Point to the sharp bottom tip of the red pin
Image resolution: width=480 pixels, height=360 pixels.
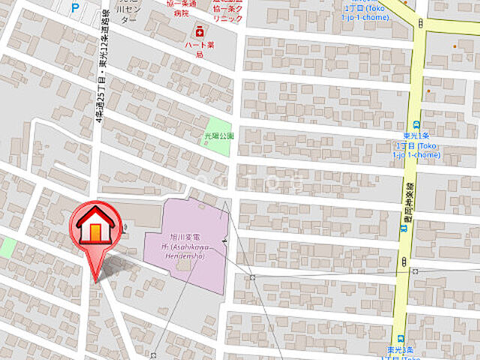(x=95, y=281)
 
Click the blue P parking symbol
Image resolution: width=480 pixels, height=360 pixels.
(x=73, y=8)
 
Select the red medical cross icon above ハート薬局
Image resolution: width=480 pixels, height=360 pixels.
(x=199, y=31)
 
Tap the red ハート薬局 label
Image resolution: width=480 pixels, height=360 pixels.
(x=199, y=49)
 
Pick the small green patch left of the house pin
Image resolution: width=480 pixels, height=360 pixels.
(x=6, y=247)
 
